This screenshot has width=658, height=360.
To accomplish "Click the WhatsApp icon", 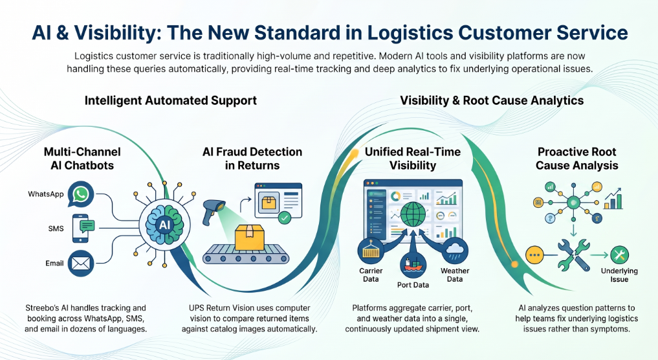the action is click(81, 194).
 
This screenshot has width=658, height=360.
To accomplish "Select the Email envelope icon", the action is click(81, 264).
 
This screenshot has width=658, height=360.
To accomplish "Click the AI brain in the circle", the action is click(164, 224).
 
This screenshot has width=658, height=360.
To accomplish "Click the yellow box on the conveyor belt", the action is click(249, 238).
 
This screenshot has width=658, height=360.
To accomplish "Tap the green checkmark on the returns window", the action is click(285, 218).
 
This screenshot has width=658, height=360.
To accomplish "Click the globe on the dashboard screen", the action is click(413, 215).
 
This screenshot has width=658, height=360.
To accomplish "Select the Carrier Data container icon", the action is click(371, 251).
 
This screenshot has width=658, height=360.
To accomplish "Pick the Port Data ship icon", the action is click(413, 265).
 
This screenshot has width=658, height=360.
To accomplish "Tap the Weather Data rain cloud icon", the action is click(455, 251).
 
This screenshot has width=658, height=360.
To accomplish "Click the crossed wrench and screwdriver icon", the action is click(574, 254).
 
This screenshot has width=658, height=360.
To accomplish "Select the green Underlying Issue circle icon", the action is click(619, 254).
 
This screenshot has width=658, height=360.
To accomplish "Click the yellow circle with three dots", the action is click(534, 255).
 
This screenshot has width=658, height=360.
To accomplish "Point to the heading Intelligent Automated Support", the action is click(171, 101).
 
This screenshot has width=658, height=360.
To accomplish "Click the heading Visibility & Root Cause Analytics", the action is click(492, 101).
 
